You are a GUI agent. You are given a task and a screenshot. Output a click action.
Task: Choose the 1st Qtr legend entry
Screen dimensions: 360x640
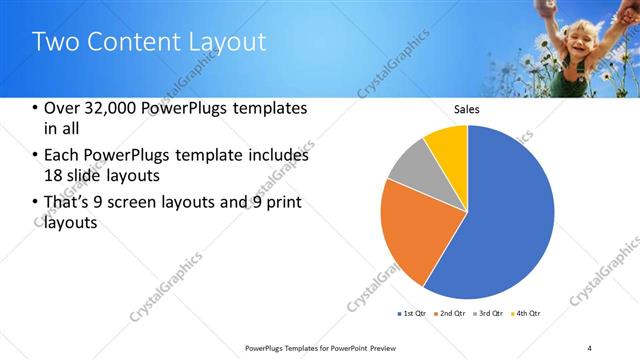(x=411, y=314)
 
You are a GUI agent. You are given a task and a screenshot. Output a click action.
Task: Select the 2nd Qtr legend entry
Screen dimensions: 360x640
(x=450, y=314)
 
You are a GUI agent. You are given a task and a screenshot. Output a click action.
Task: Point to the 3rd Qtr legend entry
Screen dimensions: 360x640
(x=489, y=314)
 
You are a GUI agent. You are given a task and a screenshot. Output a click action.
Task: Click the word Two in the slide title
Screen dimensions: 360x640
(x=51, y=41)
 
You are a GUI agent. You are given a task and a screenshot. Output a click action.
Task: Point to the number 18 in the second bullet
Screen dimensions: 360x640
(x=52, y=176)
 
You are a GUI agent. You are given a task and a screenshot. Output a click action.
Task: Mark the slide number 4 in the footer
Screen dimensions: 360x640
(x=589, y=347)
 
